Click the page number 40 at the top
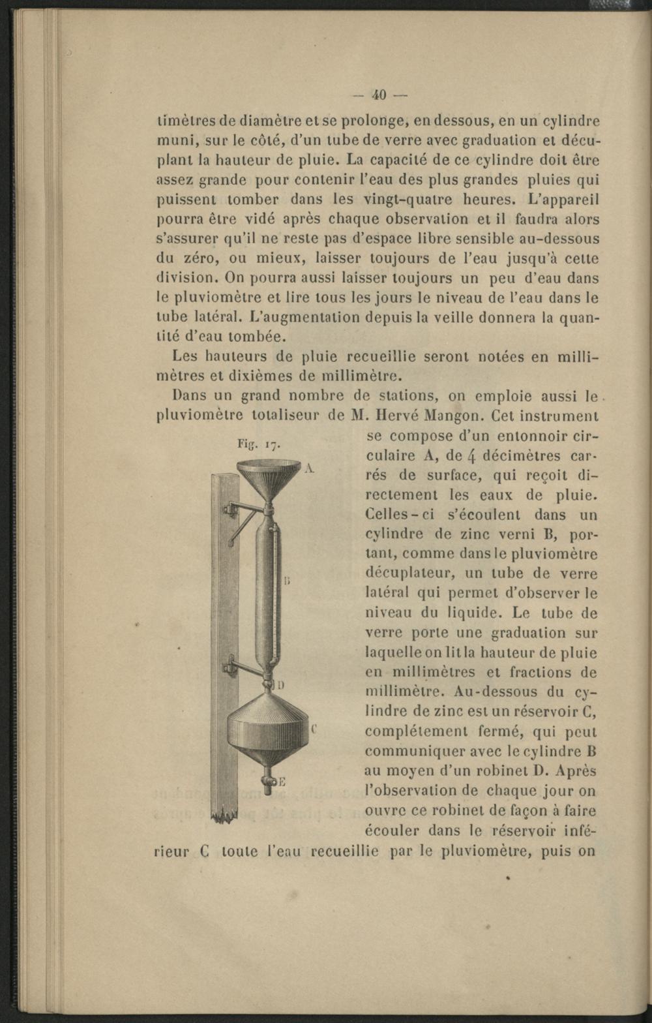(379, 95)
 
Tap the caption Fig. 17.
(259, 445)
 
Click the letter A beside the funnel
(309, 467)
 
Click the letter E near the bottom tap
(283, 782)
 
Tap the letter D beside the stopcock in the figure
(282, 685)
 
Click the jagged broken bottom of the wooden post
(224, 814)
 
